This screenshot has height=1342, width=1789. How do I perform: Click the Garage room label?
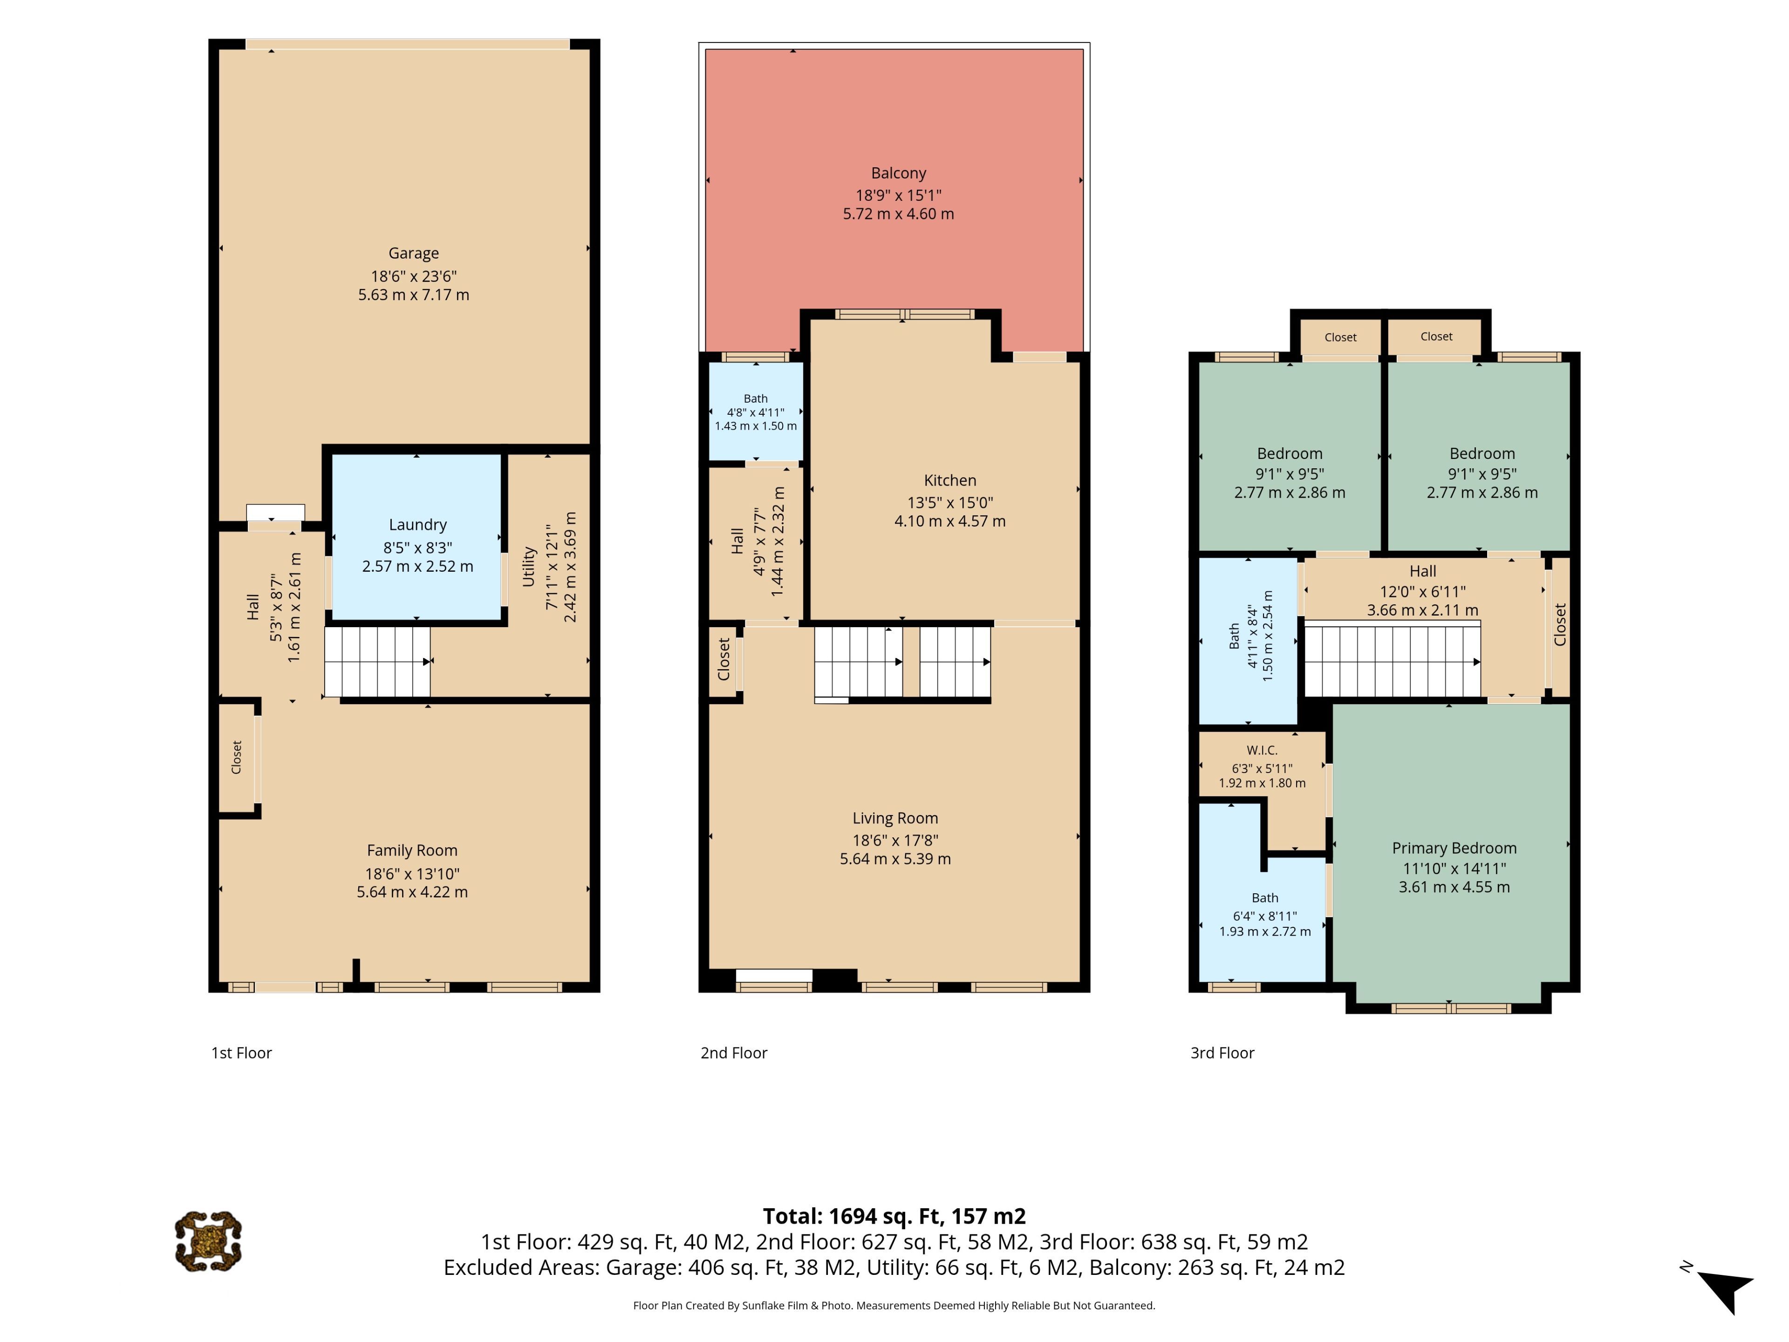point(413,253)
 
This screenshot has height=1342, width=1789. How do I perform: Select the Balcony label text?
point(899,173)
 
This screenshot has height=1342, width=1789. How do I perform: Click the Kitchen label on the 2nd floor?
point(950,480)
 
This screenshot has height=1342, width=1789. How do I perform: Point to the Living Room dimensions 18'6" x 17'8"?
point(895,841)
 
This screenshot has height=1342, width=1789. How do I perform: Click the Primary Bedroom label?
point(1454,848)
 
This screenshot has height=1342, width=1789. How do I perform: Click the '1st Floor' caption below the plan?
point(242,1053)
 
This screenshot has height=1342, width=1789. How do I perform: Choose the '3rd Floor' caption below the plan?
point(1222,1053)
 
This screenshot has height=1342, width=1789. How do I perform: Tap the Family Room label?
point(412,850)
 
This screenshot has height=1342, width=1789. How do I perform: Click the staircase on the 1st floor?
point(378,662)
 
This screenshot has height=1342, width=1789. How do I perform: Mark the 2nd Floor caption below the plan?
point(734,1053)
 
